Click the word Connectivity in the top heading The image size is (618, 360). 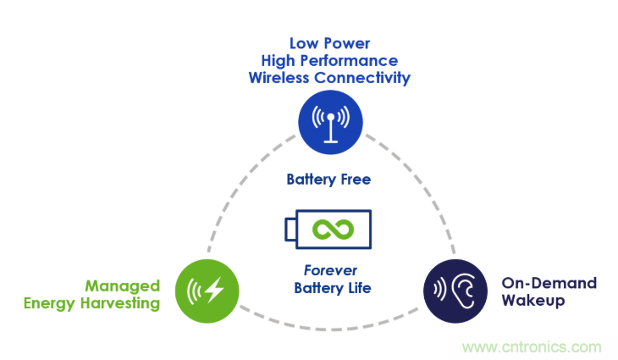(363, 78)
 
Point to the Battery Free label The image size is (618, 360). (328, 180)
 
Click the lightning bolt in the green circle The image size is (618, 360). (213, 291)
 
